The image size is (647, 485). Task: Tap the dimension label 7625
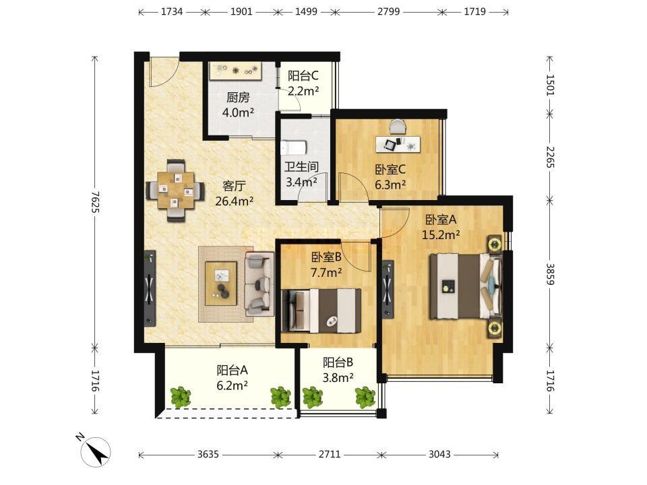click(95, 201)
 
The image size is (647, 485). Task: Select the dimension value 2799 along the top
click(388, 11)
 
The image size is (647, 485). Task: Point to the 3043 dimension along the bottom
click(439, 455)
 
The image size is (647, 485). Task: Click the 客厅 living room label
click(234, 186)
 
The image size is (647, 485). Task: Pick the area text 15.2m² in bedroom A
click(441, 234)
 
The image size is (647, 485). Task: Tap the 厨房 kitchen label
click(238, 97)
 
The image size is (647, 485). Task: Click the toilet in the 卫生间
click(294, 148)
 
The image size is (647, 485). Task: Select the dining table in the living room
click(175, 190)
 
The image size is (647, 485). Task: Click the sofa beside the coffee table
click(259, 284)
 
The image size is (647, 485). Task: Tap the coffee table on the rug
click(221, 284)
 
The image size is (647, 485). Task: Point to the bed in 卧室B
click(321, 311)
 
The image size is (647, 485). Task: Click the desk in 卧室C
click(398, 144)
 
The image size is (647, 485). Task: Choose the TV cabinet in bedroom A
click(388, 289)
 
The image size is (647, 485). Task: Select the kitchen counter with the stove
click(235, 71)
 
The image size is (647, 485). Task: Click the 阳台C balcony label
click(303, 75)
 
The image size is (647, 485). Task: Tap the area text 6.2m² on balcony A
click(232, 385)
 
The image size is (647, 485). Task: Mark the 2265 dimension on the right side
click(550, 157)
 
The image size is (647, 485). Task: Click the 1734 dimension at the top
click(172, 11)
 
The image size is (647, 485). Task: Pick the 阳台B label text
click(338, 362)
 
